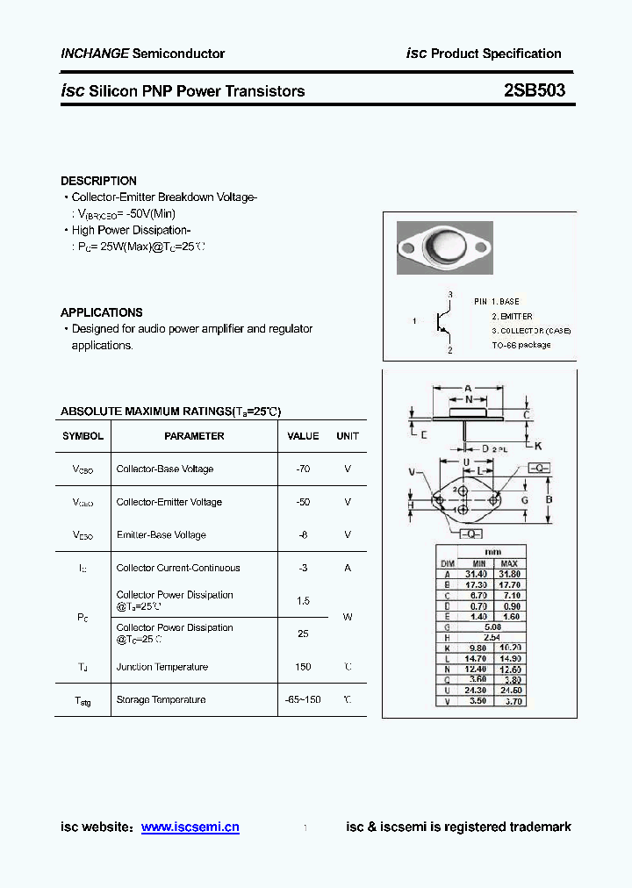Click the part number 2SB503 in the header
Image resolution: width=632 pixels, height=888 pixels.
coord(535,90)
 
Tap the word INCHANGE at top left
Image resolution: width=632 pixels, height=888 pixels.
coord(95,54)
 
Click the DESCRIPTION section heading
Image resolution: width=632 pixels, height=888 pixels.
coord(98,181)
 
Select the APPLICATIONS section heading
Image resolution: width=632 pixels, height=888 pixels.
coord(101,312)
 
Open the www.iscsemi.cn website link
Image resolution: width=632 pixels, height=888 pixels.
coord(190,827)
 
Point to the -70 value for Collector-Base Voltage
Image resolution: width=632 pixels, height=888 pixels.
coord(303,469)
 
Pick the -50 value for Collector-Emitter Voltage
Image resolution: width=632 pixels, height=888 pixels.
coord(303,502)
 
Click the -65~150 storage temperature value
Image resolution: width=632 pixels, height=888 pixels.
coord(303,699)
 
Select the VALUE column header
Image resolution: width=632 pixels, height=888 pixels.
coord(303,436)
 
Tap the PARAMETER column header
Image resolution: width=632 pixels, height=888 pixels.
coord(194,436)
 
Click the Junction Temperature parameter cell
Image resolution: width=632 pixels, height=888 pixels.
coord(162,667)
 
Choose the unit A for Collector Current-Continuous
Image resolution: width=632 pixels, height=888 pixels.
coord(348,568)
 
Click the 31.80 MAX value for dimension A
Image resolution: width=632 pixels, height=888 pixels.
coord(510,574)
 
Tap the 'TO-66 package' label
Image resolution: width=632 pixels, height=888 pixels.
coord(521,345)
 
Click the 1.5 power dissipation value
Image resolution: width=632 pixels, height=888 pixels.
coord(303,601)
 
